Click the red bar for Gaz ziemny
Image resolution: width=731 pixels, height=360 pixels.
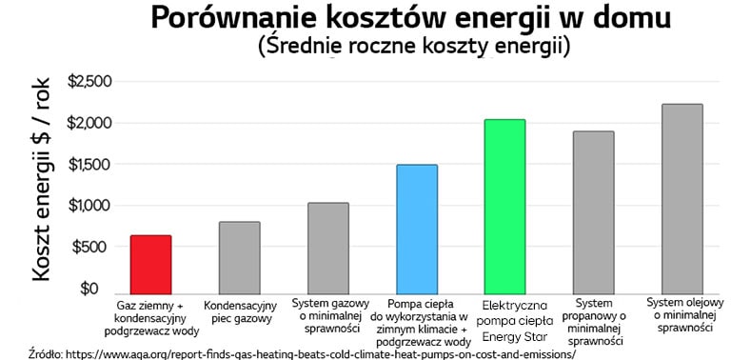pos(150,265)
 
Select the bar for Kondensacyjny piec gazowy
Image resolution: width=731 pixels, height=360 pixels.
pos(239,258)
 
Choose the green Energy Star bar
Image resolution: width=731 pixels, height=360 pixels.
pos(505,207)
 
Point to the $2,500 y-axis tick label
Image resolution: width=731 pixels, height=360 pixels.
pos(89,83)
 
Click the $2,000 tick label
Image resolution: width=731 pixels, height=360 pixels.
pos(89,124)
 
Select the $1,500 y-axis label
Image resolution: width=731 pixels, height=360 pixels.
pos(89,165)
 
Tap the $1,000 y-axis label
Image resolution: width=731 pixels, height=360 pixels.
pos(89,206)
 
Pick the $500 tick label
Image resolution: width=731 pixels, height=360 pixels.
pos(93,247)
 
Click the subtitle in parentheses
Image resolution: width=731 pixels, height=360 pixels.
pos(413,46)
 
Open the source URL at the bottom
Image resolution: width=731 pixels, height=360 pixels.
pos(315,352)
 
